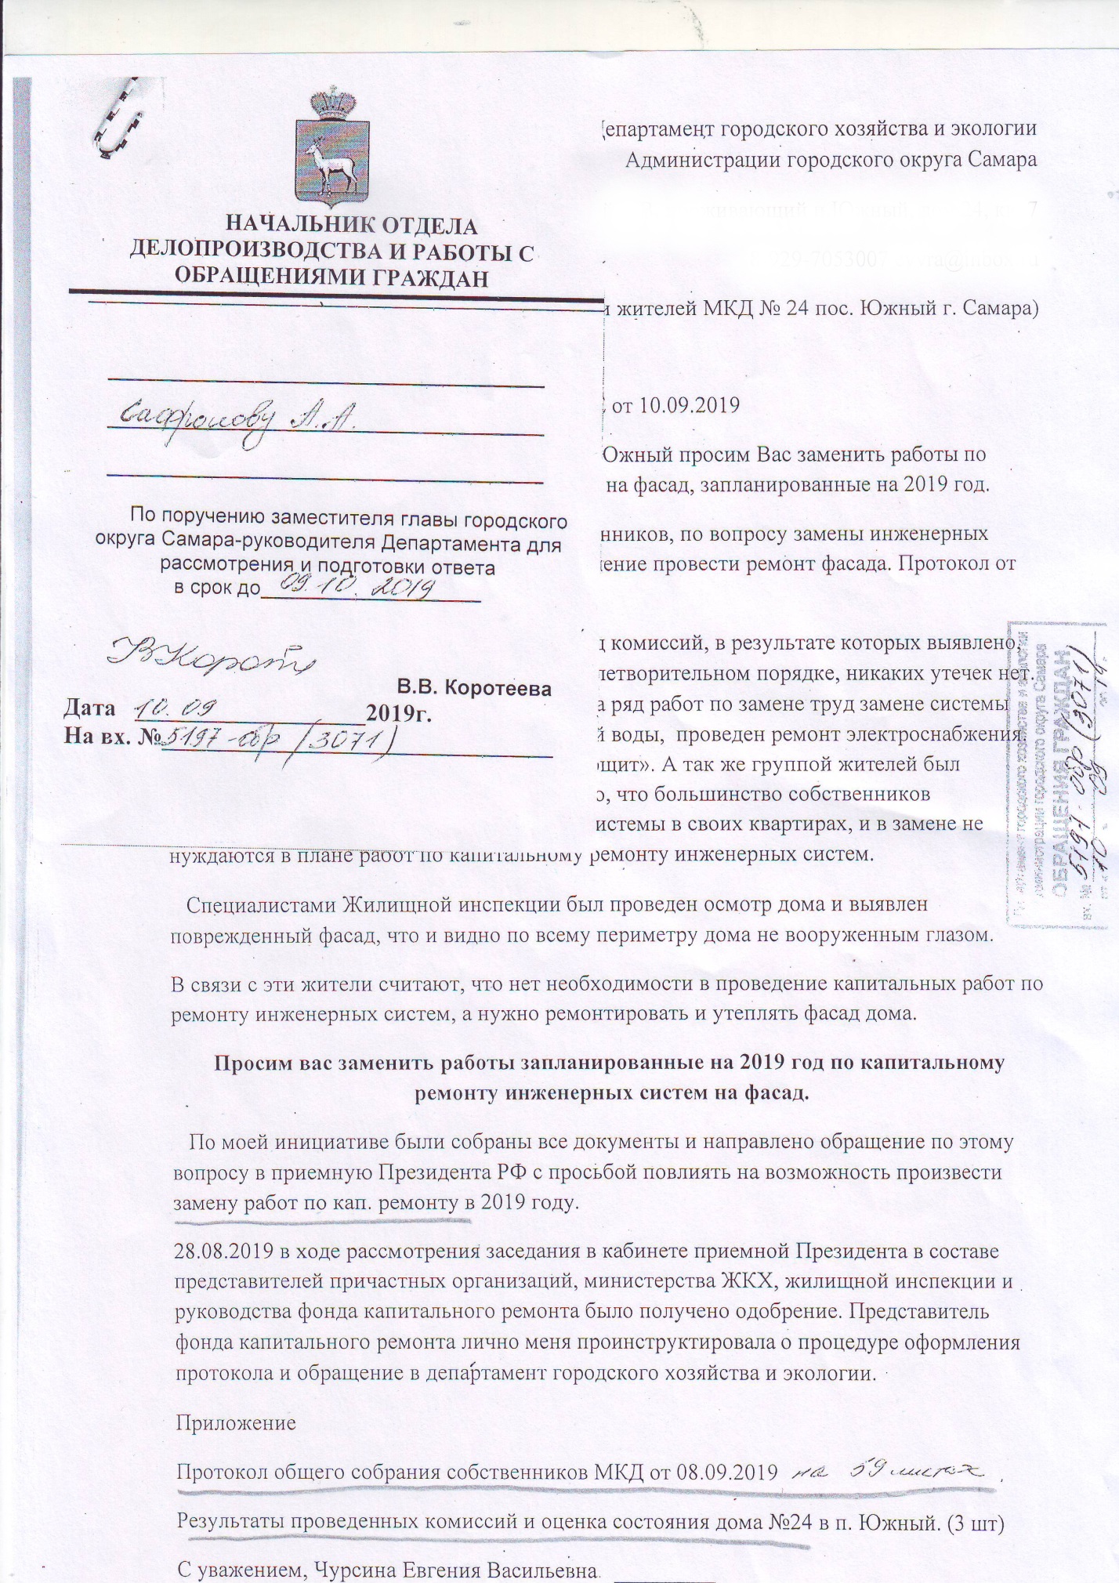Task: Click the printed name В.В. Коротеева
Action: pos(474,688)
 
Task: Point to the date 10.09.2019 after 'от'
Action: pos(689,405)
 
